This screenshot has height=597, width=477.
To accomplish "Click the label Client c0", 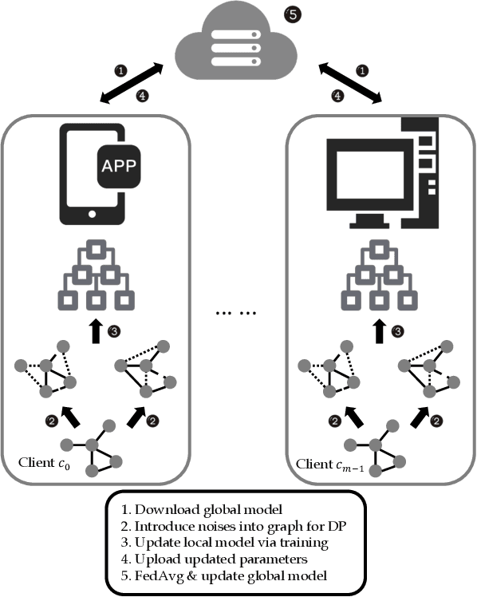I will [x=46, y=463].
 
